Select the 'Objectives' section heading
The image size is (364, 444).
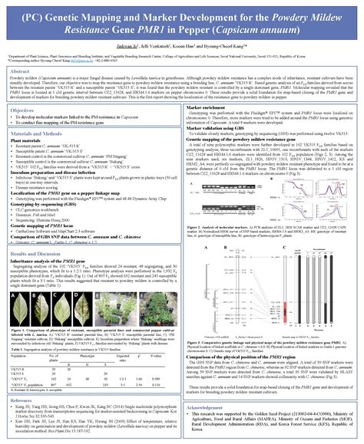pos(26,109)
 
